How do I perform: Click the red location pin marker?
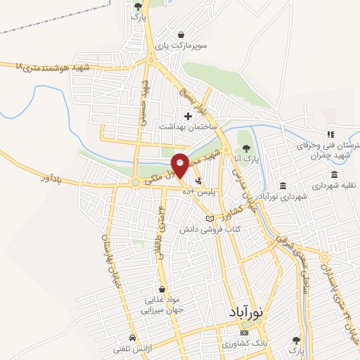(x=180, y=165)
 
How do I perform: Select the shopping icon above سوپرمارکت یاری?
(x=181, y=34)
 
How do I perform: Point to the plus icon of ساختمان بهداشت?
(x=187, y=115)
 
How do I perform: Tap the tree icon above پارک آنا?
(x=246, y=148)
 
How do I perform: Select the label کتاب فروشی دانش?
(x=210, y=230)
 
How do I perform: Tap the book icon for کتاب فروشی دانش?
(x=207, y=219)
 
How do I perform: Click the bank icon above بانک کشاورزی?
(x=243, y=330)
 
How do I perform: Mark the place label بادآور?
(x=66, y=181)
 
